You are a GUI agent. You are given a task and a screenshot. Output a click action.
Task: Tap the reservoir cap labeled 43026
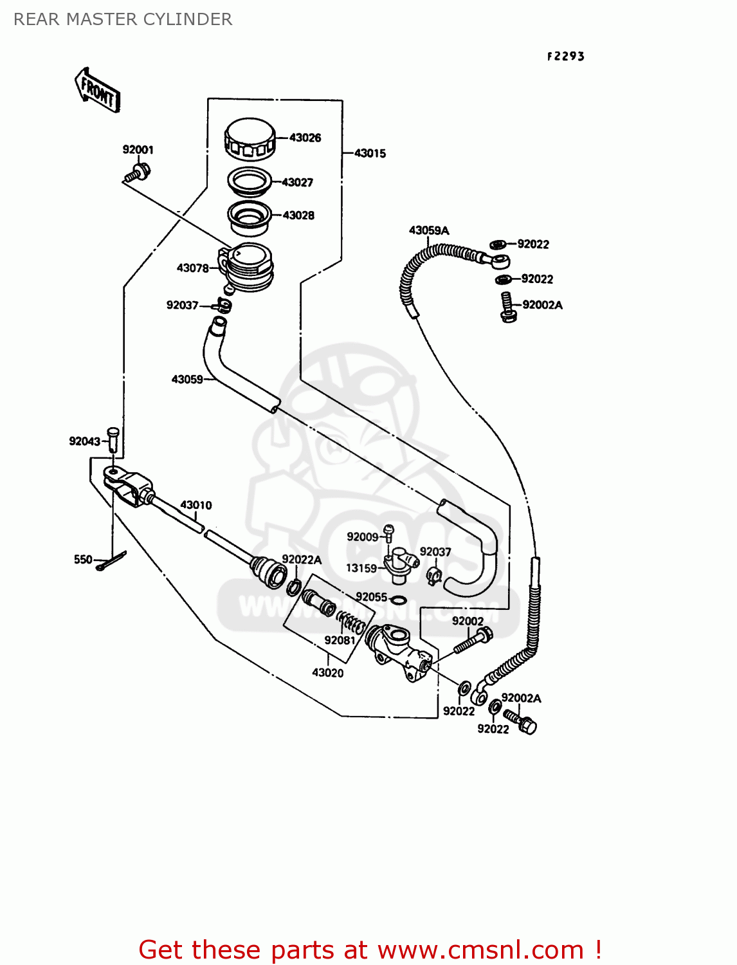(250, 138)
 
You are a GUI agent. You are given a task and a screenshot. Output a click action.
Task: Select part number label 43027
(297, 183)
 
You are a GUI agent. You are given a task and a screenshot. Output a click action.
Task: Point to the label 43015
(370, 153)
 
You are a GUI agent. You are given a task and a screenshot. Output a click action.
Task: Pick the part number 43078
(193, 268)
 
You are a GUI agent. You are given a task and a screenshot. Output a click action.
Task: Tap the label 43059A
(429, 230)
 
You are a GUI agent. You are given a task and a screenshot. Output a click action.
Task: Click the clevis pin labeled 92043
(113, 439)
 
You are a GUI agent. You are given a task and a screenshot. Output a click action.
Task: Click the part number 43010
(196, 505)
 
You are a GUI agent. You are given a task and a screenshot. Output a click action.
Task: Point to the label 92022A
(302, 560)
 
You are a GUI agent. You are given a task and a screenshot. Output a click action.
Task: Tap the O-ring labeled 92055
(398, 600)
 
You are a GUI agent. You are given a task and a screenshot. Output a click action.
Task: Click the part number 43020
(328, 672)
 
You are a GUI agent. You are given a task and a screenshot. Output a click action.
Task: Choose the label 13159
(361, 568)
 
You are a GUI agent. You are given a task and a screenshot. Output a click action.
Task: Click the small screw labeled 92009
(388, 531)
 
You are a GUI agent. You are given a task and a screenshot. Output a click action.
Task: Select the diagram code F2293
(566, 57)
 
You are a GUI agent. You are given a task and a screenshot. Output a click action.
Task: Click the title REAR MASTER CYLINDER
(123, 19)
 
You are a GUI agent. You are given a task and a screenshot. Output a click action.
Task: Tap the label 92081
(340, 640)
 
